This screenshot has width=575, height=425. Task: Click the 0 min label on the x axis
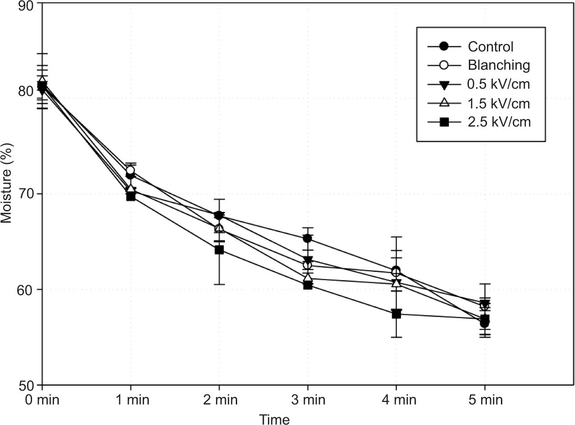click(42, 400)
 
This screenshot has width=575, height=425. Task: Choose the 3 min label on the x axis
click(308, 400)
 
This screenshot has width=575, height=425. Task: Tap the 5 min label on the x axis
click(485, 400)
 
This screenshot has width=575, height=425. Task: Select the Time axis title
click(274, 419)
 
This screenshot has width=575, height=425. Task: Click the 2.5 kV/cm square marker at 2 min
click(219, 250)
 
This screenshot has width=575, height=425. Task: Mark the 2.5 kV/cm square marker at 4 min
click(396, 314)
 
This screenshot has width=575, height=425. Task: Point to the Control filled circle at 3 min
click(308, 238)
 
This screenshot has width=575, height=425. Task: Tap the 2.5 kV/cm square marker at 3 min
click(308, 285)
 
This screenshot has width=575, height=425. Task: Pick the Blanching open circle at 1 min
click(131, 170)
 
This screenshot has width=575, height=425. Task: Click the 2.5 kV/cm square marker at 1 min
click(131, 196)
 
